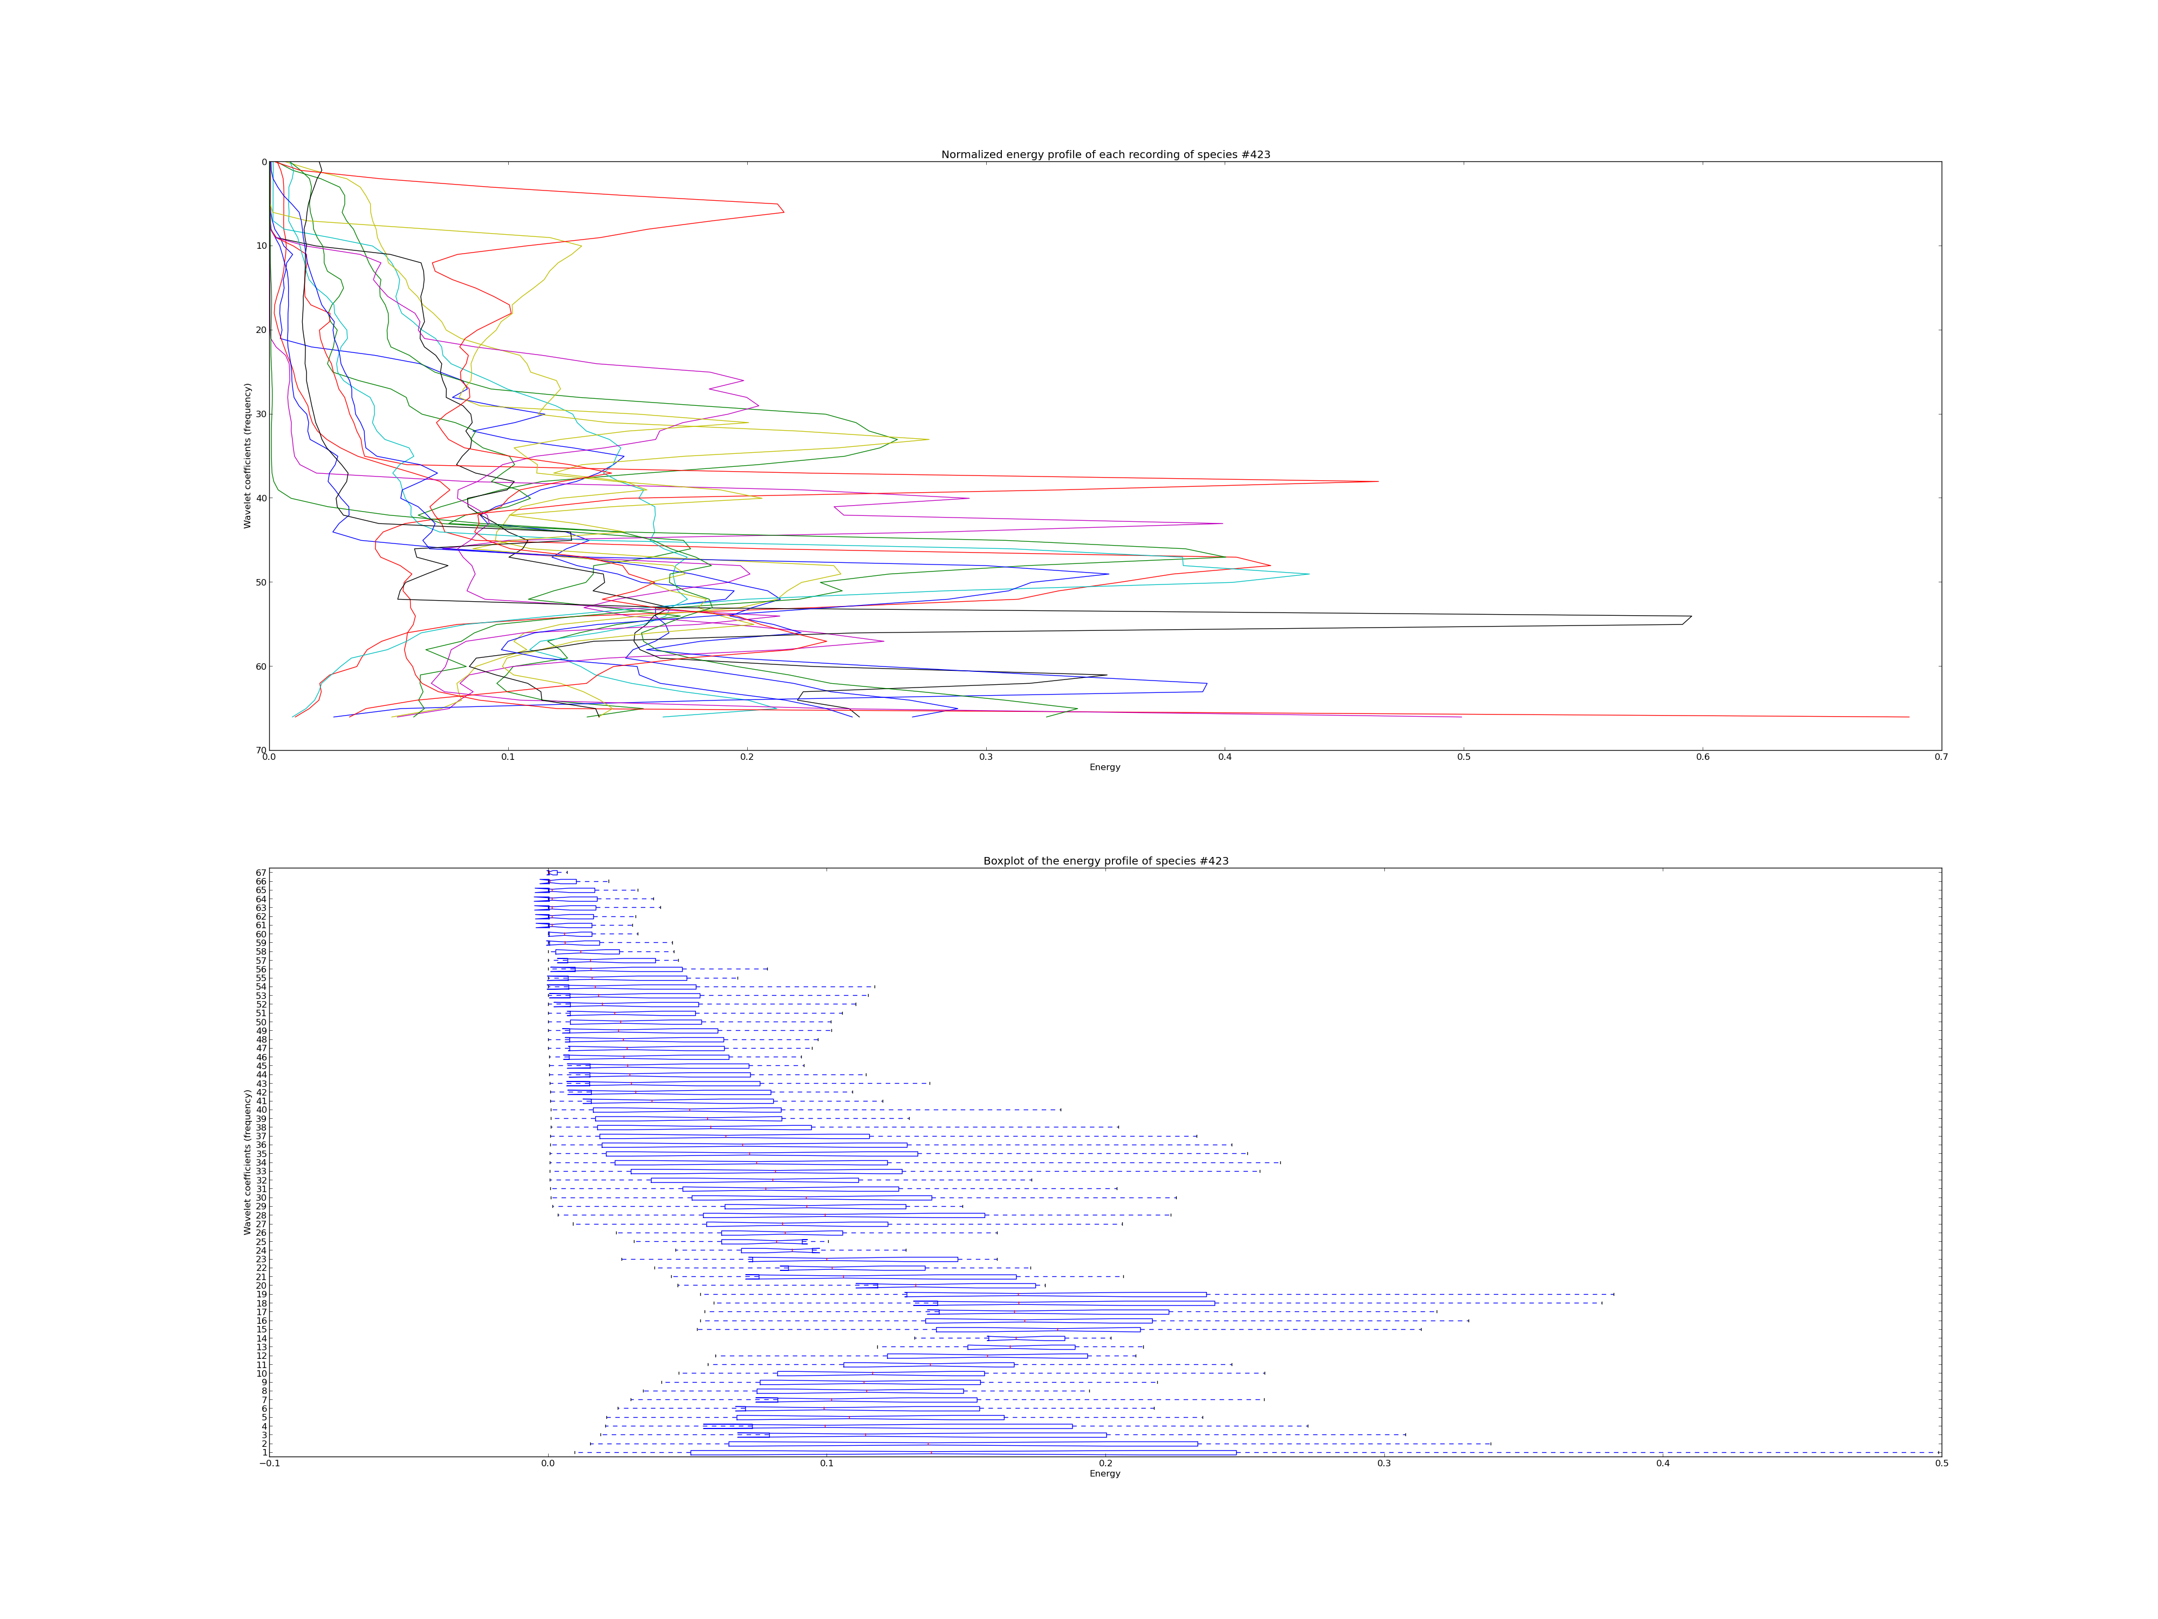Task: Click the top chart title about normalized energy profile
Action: click(1105, 154)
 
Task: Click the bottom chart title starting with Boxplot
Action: click(1105, 861)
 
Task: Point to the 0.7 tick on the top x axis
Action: click(1941, 757)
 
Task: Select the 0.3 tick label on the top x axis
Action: click(985, 757)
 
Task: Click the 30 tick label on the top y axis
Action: click(262, 414)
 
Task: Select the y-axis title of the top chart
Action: click(248, 455)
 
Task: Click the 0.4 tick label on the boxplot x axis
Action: click(1662, 1464)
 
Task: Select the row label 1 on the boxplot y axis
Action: click(263, 1452)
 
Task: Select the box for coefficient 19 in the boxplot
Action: click(1056, 1294)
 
